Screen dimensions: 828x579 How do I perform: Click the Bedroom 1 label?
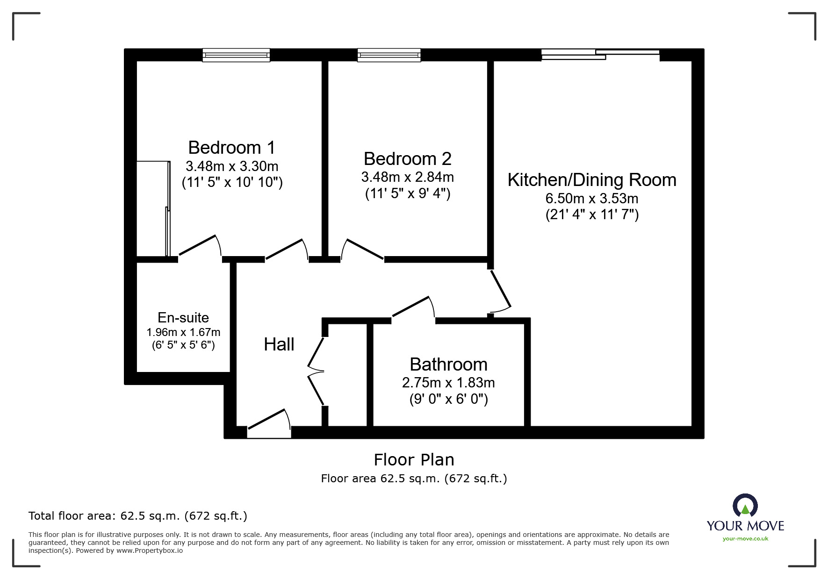tap(231, 148)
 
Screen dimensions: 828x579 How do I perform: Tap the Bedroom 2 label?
tap(408, 159)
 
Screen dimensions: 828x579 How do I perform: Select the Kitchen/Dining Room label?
tap(592, 180)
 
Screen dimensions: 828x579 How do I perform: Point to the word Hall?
tap(279, 345)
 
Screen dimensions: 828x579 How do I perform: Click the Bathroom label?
tap(448, 365)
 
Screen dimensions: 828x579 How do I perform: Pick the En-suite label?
tap(183, 318)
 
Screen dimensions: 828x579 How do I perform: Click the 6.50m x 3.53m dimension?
tap(592, 199)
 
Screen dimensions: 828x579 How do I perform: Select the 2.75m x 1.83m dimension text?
tap(448, 383)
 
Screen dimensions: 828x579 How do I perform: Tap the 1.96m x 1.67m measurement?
tap(183, 332)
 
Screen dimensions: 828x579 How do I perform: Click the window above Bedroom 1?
tap(236, 55)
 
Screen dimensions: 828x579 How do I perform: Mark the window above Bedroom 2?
tap(389, 55)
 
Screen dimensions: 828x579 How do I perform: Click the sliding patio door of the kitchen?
tap(600, 55)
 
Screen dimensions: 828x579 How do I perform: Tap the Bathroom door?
tap(413, 307)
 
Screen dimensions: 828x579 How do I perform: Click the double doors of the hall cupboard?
tap(316, 372)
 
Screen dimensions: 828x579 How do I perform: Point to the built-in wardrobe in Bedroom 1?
tap(153, 208)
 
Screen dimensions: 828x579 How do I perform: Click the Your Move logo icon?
tap(745, 506)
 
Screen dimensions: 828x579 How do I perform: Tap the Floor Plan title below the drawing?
tap(414, 460)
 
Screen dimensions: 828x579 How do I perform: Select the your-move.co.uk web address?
tap(745, 539)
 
